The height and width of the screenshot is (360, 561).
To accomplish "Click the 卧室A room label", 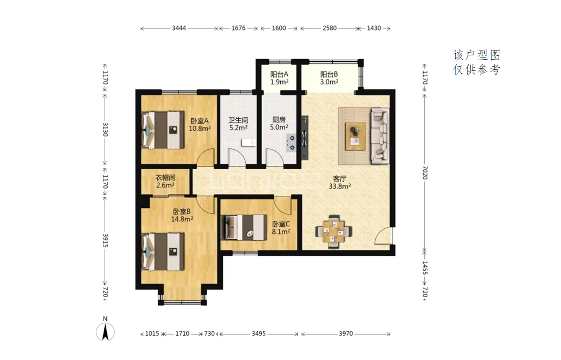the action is coord(200,121).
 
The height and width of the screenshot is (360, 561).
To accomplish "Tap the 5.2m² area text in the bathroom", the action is coord(238,127).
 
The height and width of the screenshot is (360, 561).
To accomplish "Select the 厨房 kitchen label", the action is coord(279,120).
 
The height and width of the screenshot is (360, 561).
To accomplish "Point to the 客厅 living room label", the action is coord(339,178).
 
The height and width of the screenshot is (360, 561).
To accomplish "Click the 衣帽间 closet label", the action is coord(165,177).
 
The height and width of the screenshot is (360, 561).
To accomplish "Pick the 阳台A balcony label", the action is coord(279,74).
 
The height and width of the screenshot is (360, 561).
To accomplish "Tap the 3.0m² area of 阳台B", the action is coord(329,82).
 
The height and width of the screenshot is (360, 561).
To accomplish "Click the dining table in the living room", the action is coord(334,232).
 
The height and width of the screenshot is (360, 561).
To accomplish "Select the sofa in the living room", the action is coord(380,136).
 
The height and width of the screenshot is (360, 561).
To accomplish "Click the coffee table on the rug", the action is coord(355,136).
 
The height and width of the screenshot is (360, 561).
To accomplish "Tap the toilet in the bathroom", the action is coord(249,142).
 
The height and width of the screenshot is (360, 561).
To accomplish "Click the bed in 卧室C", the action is coord(244,227).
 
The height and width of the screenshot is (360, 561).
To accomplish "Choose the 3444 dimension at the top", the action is coord(179,28).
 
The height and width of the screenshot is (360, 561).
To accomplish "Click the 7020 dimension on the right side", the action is coord(425,172).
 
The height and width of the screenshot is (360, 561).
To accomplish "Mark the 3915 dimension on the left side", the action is coord(105,240).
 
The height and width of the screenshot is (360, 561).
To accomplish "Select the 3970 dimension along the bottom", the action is coord(346,334).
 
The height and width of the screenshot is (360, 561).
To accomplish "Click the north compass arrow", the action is coord(105,332).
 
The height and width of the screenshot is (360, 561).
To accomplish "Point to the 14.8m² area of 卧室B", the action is coord(182,219).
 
